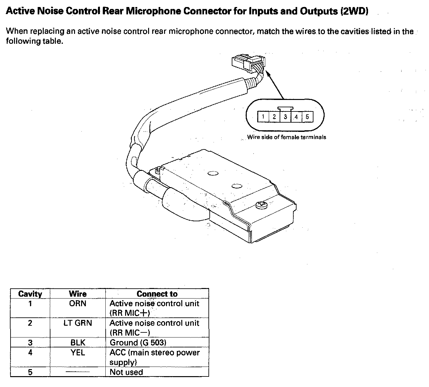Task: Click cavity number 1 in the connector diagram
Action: tap(263, 117)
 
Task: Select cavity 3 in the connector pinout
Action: tap(285, 117)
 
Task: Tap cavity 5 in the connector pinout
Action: tap(307, 117)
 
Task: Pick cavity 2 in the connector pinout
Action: tap(274, 117)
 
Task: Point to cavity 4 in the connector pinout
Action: tap(296, 117)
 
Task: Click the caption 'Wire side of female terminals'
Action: tap(287, 137)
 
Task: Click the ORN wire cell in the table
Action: tap(78, 303)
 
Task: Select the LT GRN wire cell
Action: tap(78, 323)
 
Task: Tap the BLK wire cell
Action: tap(78, 343)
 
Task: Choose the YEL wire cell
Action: tap(78, 353)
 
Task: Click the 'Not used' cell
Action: tap(126, 372)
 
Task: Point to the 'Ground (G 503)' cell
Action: tap(138, 343)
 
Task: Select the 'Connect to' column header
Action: tap(157, 294)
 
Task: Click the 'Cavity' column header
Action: tap(30, 294)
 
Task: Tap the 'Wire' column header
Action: tap(78, 294)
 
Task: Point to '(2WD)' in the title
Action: tap(354, 11)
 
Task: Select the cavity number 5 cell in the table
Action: tap(30, 372)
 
